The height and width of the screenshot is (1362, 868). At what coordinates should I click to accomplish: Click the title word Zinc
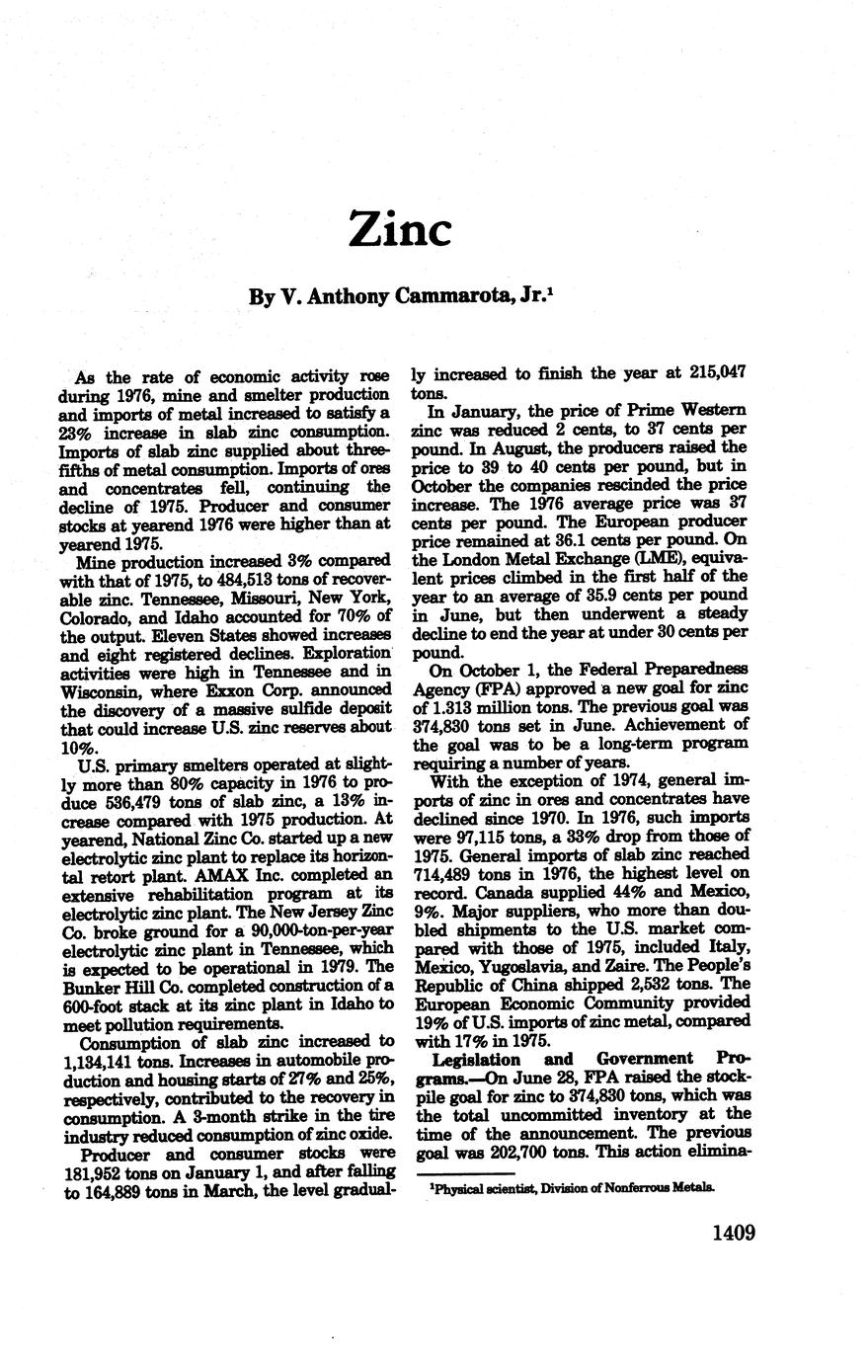tap(400, 228)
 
